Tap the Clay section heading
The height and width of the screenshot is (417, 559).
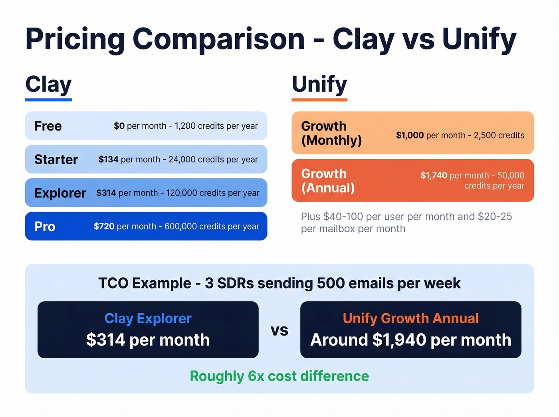pyautogui.click(x=48, y=85)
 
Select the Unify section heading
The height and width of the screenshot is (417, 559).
pyautogui.click(x=319, y=85)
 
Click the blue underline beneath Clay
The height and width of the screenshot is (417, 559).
pyautogui.click(x=48, y=99)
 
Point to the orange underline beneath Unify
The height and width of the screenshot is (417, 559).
pyautogui.click(x=319, y=99)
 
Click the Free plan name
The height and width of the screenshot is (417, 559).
pyautogui.click(x=48, y=126)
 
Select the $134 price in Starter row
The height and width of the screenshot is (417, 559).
pyautogui.click(x=108, y=160)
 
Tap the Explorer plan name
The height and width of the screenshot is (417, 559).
pyautogui.click(x=60, y=193)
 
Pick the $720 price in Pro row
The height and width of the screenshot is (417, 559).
pyautogui.click(x=104, y=227)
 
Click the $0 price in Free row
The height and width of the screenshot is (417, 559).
pyautogui.click(x=119, y=126)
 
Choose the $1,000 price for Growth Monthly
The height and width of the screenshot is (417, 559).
pyautogui.click(x=410, y=135)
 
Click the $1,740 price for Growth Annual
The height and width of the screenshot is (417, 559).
pyautogui.click(x=434, y=176)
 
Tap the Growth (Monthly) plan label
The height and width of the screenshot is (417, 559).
pyautogui.click(x=331, y=133)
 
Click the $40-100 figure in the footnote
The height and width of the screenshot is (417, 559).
pyautogui.click(x=343, y=217)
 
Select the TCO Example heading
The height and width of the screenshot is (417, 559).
pyautogui.click(x=279, y=283)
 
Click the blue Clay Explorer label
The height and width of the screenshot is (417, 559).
pyautogui.click(x=148, y=318)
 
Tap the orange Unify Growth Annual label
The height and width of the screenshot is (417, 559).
pyautogui.click(x=410, y=318)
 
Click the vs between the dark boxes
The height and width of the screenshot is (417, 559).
pyautogui.click(x=279, y=330)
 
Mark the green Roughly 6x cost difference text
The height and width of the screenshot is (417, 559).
pyautogui.click(x=279, y=376)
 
